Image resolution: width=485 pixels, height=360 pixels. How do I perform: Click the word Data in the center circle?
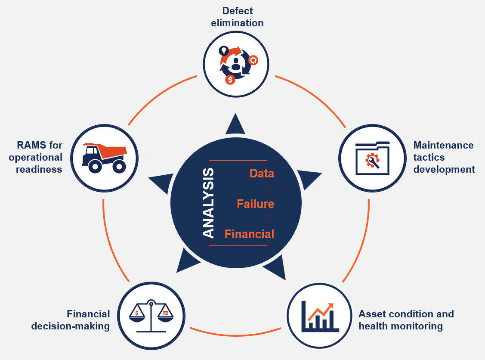click(x=262, y=174)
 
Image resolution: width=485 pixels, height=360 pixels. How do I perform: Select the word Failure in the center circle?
click(x=255, y=204)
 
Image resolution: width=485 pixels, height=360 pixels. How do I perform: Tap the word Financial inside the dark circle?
click(x=249, y=234)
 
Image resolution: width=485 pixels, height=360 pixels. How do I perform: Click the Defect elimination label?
click(x=237, y=16)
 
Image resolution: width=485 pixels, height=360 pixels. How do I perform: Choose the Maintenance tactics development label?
click(x=444, y=157)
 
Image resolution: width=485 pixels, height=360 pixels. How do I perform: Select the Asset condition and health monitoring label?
click(x=406, y=320)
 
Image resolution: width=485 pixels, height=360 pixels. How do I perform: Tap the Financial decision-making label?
click(x=71, y=320)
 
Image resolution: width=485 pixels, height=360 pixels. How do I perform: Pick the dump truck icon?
click(x=104, y=158)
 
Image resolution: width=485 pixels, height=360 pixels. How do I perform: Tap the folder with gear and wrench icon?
click(x=372, y=158)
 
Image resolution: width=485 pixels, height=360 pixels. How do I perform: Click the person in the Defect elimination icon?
click(x=235, y=65)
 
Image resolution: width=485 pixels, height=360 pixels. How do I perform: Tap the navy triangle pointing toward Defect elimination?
click(x=235, y=124)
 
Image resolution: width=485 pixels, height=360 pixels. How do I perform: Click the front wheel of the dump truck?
click(x=95, y=166)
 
